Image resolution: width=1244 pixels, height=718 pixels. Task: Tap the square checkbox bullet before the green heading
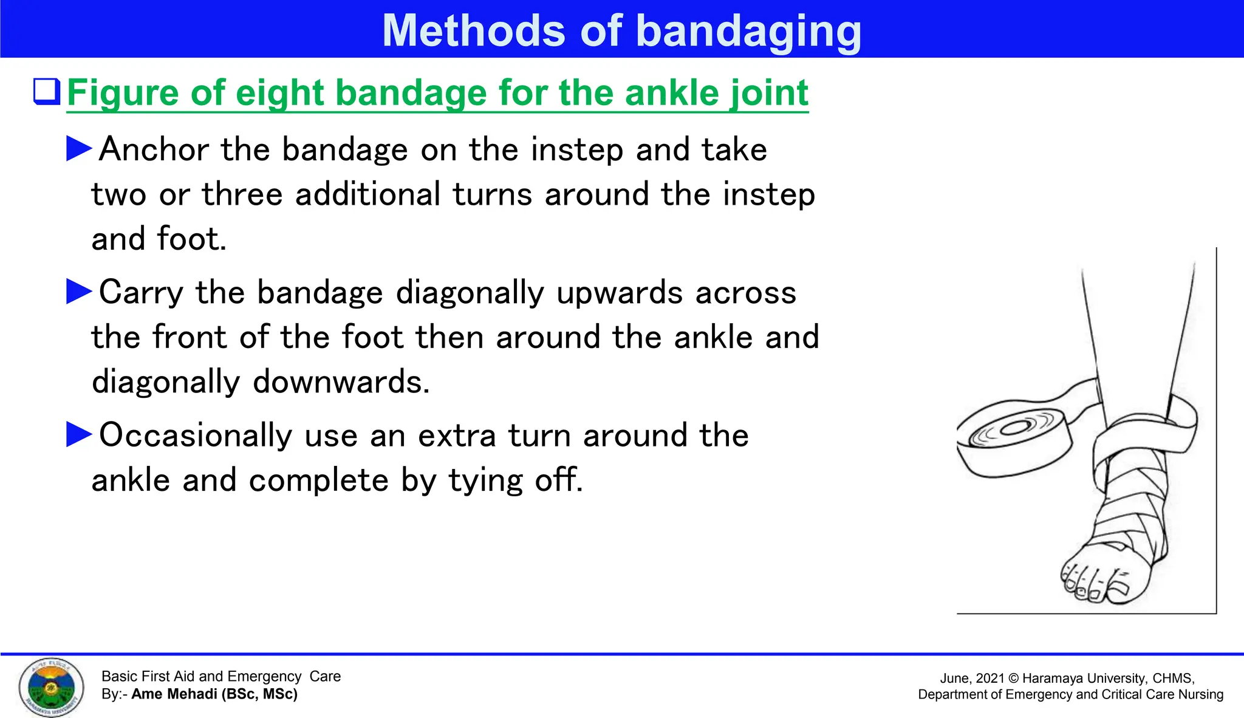click(47, 92)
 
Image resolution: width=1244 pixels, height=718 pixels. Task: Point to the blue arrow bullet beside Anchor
click(79, 149)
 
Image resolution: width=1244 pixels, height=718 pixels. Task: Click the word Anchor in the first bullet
click(154, 149)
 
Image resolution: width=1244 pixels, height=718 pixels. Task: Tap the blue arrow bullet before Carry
click(79, 292)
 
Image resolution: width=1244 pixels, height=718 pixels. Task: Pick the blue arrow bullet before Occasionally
click(79, 435)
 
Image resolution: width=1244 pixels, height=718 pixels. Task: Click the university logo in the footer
click(51, 687)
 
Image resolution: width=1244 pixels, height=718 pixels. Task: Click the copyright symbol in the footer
click(1014, 679)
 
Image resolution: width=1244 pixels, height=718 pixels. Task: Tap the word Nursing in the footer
click(1200, 694)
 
